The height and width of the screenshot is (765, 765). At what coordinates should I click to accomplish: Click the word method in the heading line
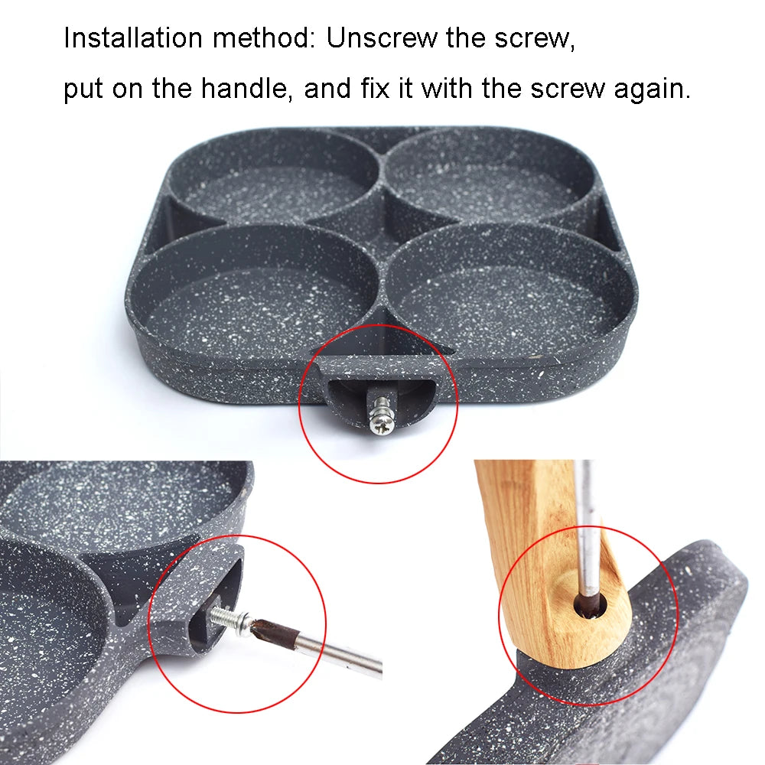[262, 37]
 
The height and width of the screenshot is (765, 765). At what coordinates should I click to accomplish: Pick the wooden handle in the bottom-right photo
[528, 551]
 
